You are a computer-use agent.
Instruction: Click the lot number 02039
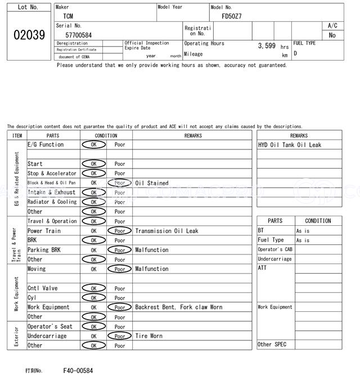pos(29,35)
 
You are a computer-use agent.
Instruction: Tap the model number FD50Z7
pos(231,16)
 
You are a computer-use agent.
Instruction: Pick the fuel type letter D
pos(295,53)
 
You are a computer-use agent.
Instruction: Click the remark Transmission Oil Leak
pos(166,231)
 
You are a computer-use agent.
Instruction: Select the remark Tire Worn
pos(148,336)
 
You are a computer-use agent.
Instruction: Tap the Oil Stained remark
pos(151,183)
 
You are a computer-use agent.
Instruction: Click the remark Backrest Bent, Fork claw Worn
pos(178,307)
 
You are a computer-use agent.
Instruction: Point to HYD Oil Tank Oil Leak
pos(290,145)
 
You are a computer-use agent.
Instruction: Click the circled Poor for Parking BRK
pos(120,250)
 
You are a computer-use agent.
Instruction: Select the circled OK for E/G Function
pos(93,144)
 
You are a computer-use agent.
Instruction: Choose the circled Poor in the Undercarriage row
pos(120,336)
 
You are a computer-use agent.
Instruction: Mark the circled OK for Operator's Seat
pos(93,326)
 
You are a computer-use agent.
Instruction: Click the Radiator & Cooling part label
pos(52,202)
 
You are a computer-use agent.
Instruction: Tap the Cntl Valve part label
pos(43,288)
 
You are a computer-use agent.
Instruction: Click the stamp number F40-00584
pos(78,371)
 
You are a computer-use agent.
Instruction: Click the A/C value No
pos(332,35)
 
